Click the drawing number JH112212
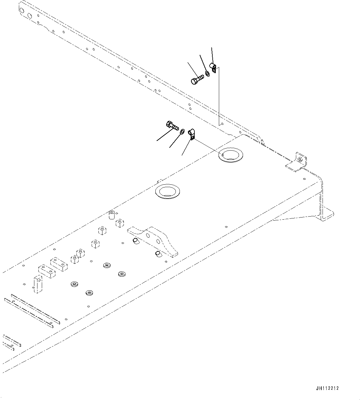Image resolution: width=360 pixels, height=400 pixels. coord(327,388)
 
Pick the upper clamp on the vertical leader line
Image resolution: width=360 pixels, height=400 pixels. coord(213,68)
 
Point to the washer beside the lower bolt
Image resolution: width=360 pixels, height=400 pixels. coord(182,132)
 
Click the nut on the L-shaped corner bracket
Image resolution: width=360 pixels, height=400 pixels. coord(300,160)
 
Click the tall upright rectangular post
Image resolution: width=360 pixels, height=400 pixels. coord(38,284)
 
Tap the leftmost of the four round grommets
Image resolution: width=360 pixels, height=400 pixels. coord(74,284)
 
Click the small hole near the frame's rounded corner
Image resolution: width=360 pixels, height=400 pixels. coord(305,179)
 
